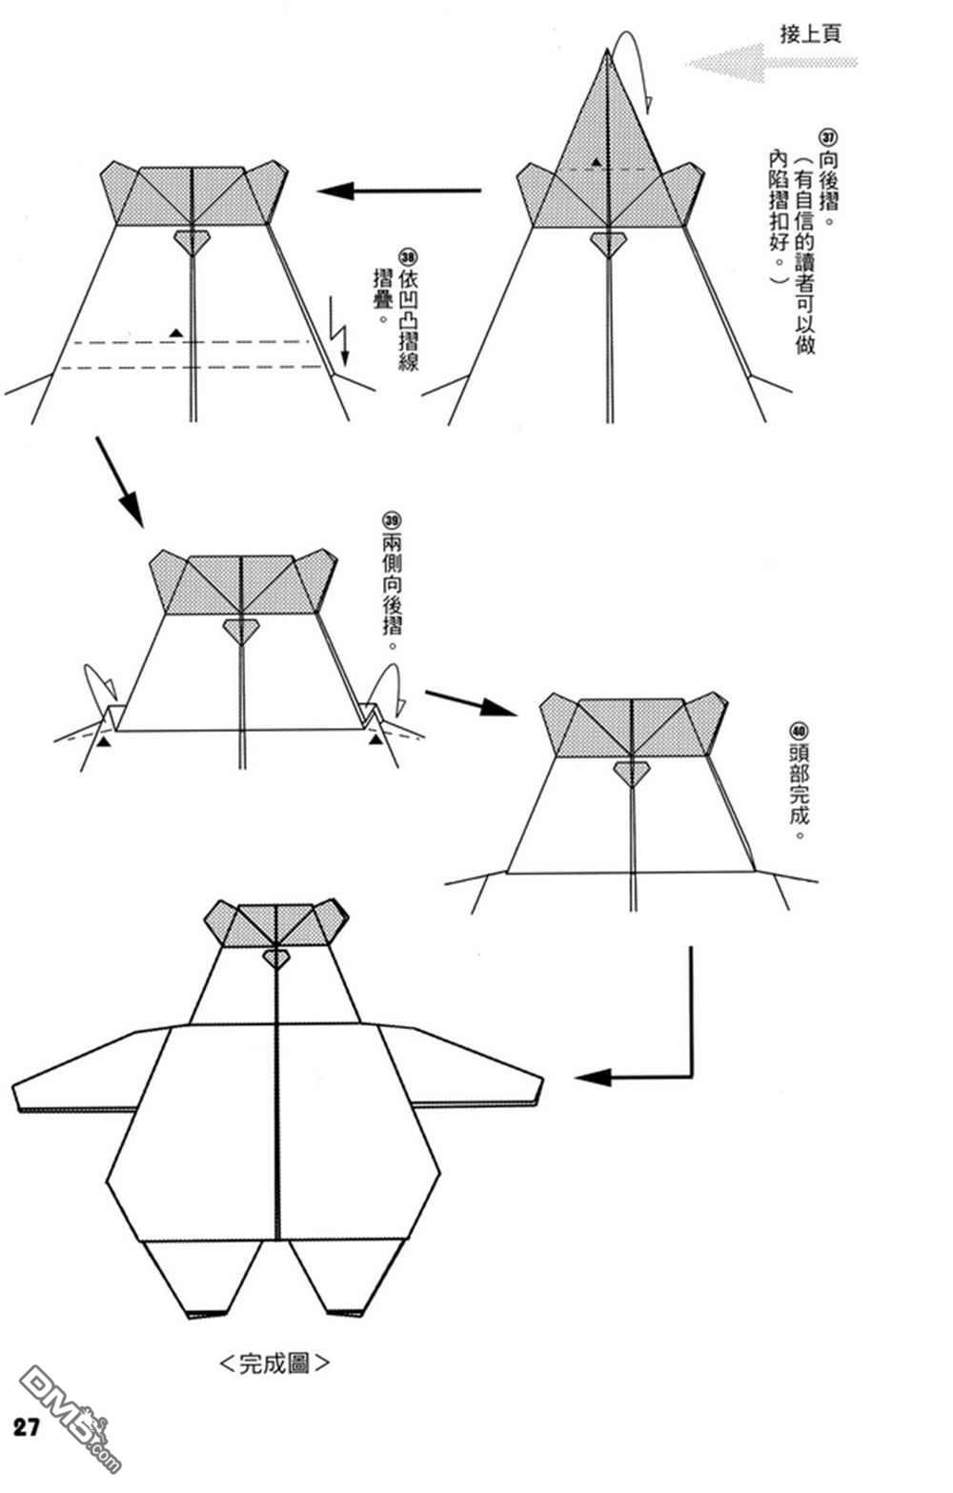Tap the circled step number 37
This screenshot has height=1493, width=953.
point(827,137)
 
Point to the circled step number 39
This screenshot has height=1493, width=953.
point(392,519)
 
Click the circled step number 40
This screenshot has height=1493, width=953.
point(799,733)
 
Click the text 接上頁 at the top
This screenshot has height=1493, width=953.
point(810,34)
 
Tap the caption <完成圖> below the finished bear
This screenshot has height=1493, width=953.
point(274,1362)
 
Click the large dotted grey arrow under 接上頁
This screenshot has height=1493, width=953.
point(771,63)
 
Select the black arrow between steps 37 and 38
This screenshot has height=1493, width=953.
point(398,192)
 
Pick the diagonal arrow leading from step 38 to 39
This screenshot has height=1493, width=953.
point(119,482)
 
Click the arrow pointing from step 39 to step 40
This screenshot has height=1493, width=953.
point(471,703)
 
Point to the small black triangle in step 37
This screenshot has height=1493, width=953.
point(596,162)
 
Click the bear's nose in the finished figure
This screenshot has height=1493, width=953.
point(275,959)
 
